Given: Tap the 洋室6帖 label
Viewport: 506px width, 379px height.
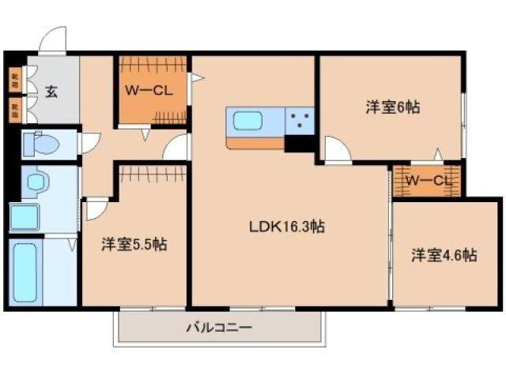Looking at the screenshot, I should point(391,108).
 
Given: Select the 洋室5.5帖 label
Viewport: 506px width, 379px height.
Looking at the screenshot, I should point(133,245).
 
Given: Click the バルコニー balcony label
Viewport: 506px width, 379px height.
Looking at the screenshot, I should point(219,327).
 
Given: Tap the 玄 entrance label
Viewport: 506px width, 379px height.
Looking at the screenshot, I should point(51,92).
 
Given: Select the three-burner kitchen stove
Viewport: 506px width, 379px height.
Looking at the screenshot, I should point(300,121).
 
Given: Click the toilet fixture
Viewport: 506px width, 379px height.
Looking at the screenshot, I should point(41,144).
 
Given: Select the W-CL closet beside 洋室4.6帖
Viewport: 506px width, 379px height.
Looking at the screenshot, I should point(427,182).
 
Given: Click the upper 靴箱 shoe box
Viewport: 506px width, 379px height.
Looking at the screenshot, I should point(14,79).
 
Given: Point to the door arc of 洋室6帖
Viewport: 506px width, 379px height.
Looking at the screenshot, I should point(334,149).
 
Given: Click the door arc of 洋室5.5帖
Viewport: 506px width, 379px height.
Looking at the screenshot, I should point(96,208).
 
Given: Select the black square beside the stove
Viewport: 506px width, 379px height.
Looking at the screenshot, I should point(300,144).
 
